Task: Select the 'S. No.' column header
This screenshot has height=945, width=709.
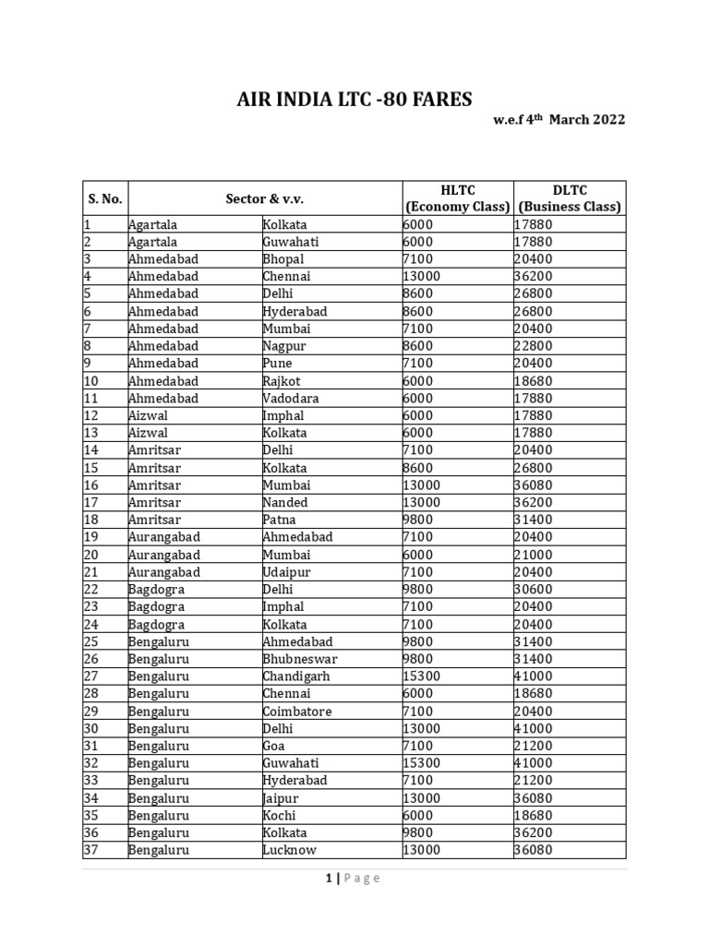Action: pyautogui.click(x=105, y=198)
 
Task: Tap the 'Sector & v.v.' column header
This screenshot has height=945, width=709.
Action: pyautogui.click(x=264, y=198)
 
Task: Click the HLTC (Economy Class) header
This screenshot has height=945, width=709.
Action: pyautogui.click(x=458, y=197)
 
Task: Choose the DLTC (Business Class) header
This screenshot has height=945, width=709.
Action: pyautogui.click(x=570, y=197)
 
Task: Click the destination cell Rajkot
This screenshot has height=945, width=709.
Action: pyautogui.click(x=282, y=381)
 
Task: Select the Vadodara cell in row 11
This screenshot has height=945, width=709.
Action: pyautogui.click(x=287, y=399)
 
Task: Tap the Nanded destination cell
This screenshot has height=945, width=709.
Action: pyautogui.click(x=285, y=503)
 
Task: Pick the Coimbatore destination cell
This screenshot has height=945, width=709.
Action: pyautogui.click(x=297, y=712)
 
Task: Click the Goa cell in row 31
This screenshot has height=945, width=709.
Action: pyautogui.click(x=274, y=746)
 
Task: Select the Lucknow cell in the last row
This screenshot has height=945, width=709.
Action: pyautogui.click(x=289, y=850)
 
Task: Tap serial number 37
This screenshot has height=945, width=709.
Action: pyautogui.click(x=90, y=850)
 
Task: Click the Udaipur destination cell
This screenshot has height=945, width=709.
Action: pyautogui.click(x=286, y=572)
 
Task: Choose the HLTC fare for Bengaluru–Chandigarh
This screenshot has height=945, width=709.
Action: pyautogui.click(x=422, y=676)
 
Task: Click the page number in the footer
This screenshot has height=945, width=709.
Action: pyautogui.click(x=329, y=879)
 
